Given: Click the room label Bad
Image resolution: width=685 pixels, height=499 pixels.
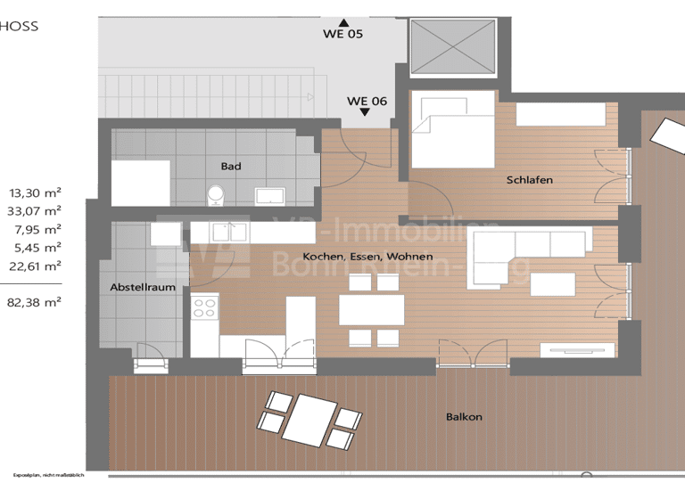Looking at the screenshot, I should click(x=231, y=166).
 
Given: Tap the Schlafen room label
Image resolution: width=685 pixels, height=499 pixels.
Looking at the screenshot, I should click(x=529, y=180).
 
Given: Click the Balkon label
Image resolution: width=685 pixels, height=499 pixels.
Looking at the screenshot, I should click(x=464, y=416).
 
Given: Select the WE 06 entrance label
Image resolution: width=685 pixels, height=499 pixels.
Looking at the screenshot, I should click(x=367, y=101).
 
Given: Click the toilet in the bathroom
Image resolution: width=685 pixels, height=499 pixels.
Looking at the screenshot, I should click(x=215, y=194).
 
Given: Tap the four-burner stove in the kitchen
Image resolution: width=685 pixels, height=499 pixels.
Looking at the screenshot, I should click(x=204, y=308).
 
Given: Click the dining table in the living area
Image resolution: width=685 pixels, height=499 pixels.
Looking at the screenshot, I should click(x=371, y=310).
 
